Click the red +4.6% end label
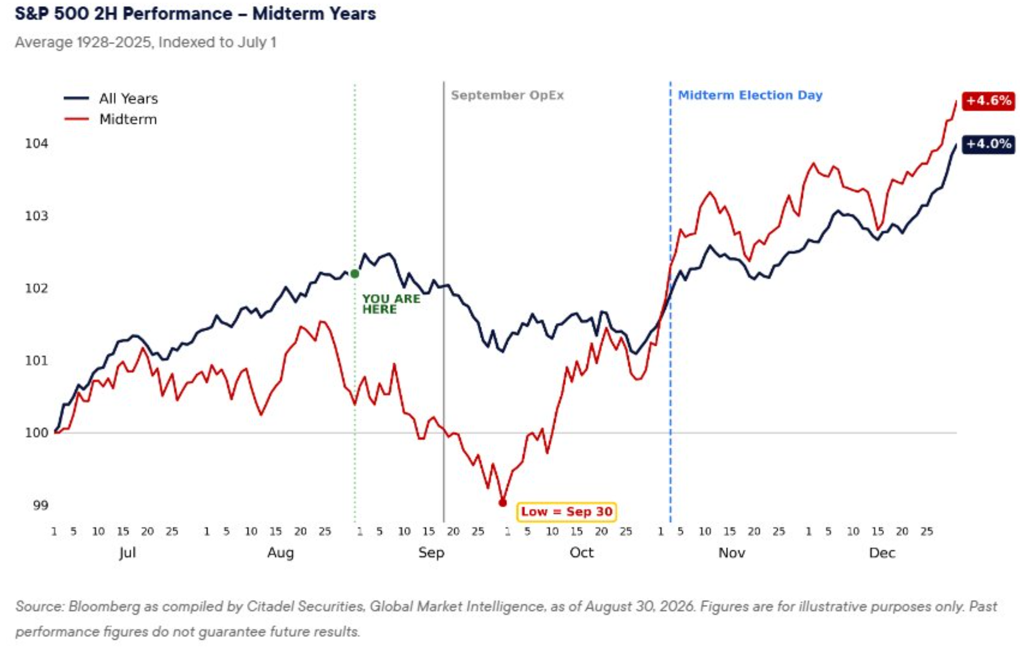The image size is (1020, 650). click(988, 101)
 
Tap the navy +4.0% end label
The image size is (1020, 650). click(988, 144)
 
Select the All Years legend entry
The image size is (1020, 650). click(111, 98)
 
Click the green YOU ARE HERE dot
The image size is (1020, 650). click(355, 274)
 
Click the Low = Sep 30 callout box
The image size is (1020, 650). click(567, 511)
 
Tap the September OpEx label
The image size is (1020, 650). click(507, 95)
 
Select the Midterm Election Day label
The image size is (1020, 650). click(750, 95)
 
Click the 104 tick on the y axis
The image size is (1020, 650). click(37, 144)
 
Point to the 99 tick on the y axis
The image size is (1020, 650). click(41, 505)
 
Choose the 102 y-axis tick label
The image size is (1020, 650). click(37, 288)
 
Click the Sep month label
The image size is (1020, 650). click(431, 553)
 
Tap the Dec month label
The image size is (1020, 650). click(882, 553)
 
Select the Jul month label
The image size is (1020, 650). click(128, 553)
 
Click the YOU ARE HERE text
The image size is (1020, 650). click(391, 304)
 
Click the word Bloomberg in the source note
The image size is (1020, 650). click(104, 606)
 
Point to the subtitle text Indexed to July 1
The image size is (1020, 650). click(217, 42)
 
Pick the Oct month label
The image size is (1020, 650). click(581, 553)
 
